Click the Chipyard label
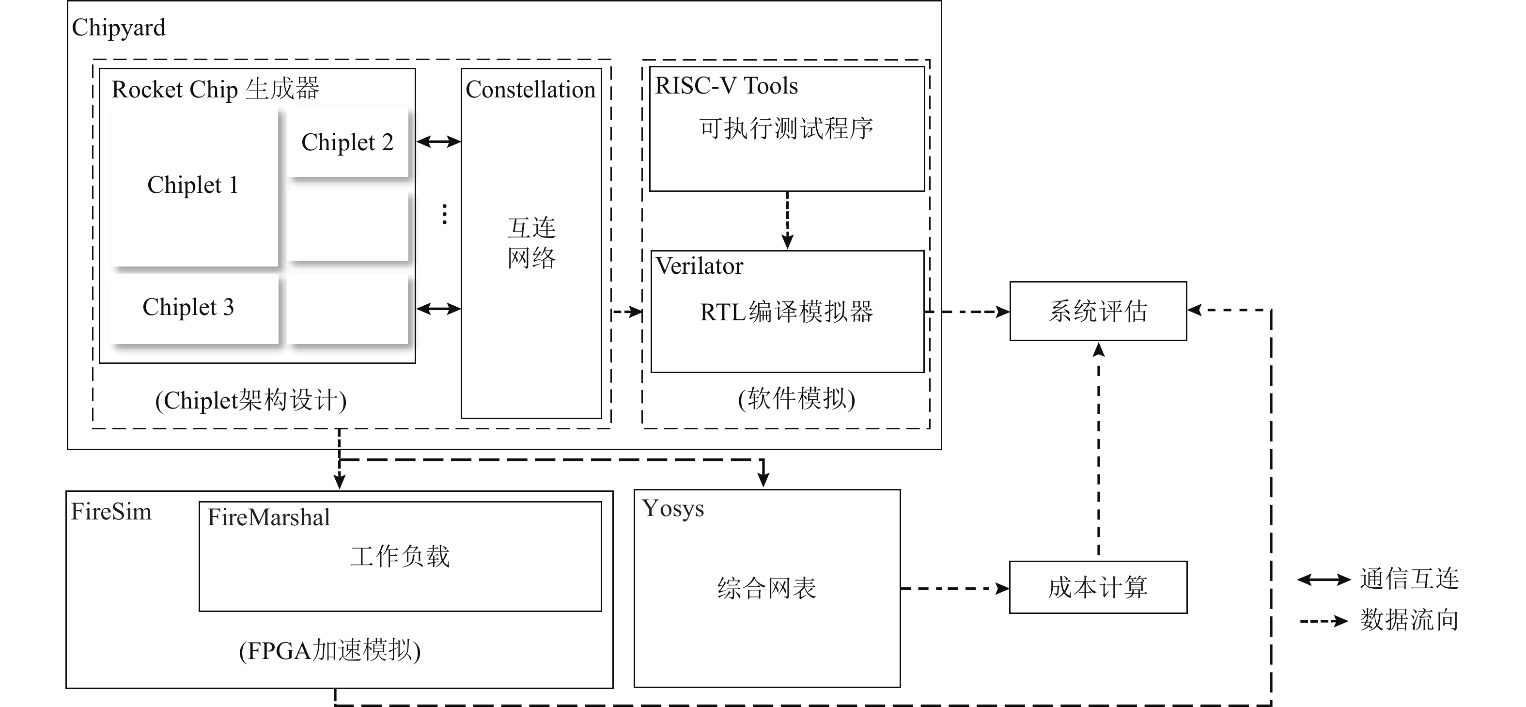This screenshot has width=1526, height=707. click(119, 28)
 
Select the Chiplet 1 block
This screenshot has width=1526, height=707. click(194, 186)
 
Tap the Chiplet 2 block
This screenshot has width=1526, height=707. click(348, 142)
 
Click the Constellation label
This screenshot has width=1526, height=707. click(530, 90)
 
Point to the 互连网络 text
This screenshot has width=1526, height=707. click(531, 243)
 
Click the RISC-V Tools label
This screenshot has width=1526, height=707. click(726, 86)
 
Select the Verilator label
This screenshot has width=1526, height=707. click(699, 266)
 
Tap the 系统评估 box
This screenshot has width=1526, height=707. click(1098, 311)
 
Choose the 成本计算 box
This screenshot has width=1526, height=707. click(1098, 587)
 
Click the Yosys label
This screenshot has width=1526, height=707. click(673, 508)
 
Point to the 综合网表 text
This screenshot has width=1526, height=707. click(766, 588)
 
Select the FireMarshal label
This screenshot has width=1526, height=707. click(268, 518)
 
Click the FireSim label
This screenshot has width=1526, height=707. click(111, 511)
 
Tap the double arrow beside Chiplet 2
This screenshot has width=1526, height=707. click(438, 141)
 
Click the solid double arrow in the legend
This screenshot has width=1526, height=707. click(1324, 580)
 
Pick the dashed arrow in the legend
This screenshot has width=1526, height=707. click(1324, 621)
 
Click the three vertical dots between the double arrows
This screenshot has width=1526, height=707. click(444, 214)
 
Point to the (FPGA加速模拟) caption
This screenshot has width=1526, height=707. click(330, 651)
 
